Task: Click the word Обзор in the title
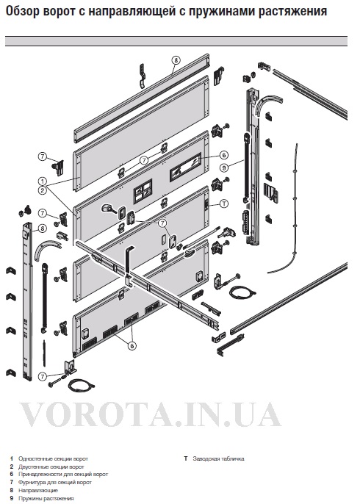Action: tap(24, 12)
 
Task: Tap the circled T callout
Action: tap(224, 204)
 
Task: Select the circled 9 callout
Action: tap(224, 168)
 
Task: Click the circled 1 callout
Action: tap(43, 181)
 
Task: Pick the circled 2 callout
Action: tap(43, 190)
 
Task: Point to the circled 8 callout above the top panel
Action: tap(176, 60)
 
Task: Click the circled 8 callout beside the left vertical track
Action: tap(43, 228)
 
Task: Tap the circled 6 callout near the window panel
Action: tap(224, 155)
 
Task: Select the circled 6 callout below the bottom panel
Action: tap(132, 346)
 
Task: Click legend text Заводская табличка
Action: tap(219, 458)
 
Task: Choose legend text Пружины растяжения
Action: tap(46, 498)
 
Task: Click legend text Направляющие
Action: tap(38, 490)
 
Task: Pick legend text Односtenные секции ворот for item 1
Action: tap(53, 458)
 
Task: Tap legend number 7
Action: tap(12, 482)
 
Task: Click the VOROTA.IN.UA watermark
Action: tap(151, 414)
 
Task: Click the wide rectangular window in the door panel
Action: tap(185, 167)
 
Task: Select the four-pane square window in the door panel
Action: tap(143, 192)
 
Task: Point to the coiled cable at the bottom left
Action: tap(80, 384)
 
